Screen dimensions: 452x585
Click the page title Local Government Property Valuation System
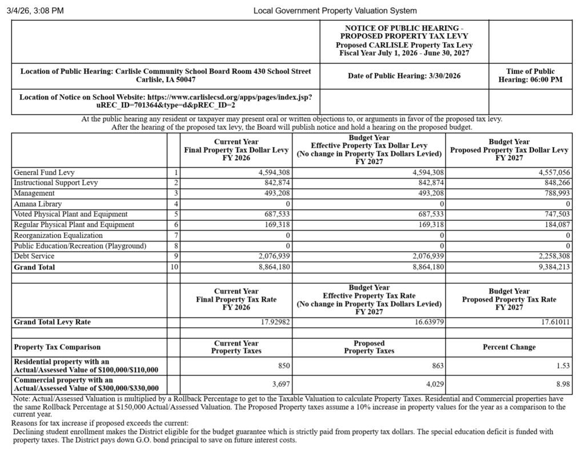click(335, 10)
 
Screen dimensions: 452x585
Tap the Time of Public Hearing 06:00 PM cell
click(530, 76)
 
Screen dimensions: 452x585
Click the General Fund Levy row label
click(44, 172)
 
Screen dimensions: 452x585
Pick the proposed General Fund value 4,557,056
click(550, 172)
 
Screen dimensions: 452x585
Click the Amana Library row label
click(38, 204)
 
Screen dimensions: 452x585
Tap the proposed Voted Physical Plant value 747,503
click(554, 214)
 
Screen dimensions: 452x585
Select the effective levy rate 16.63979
click(426, 322)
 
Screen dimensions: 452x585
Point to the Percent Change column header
click(509, 347)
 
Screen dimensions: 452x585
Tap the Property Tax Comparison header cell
click(57, 347)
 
